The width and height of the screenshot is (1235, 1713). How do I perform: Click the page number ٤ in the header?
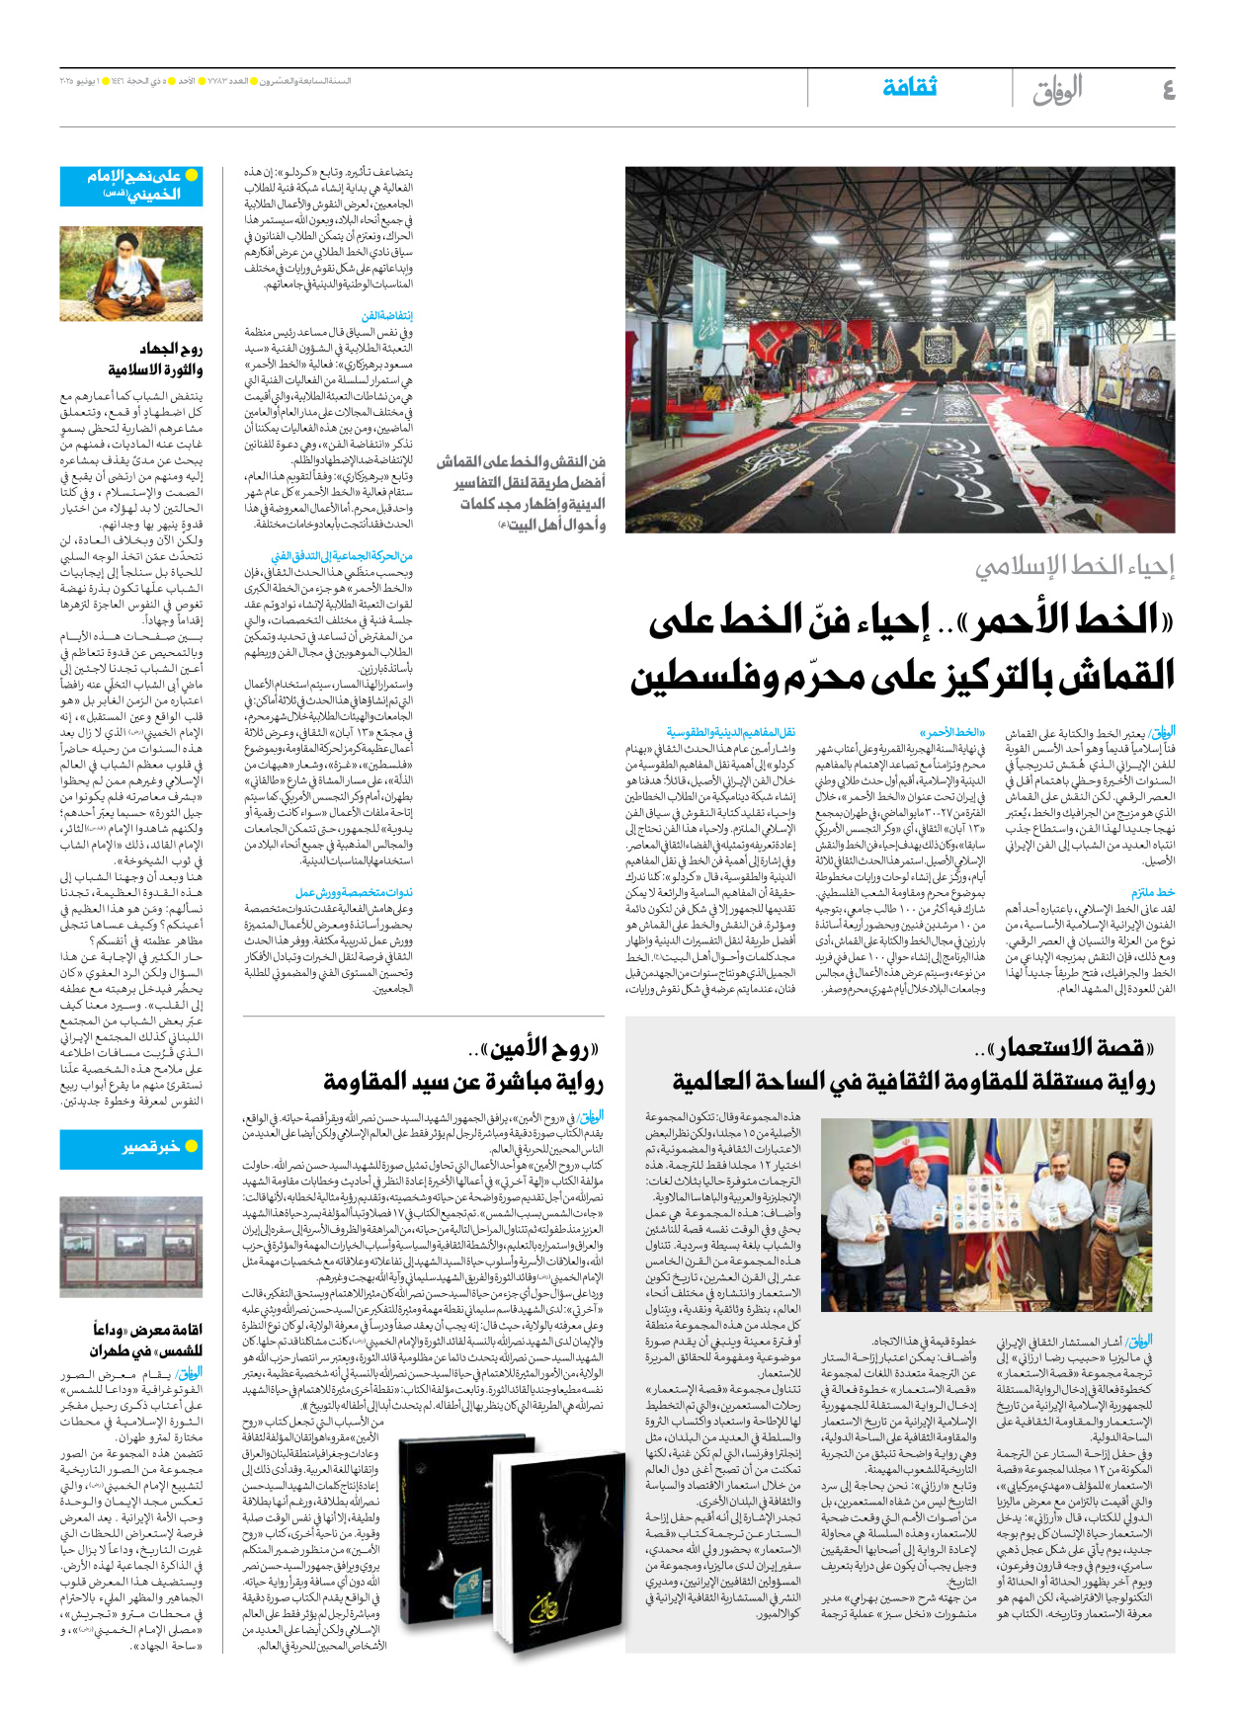(1168, 90)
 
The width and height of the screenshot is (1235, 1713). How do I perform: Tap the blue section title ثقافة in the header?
(909, 87)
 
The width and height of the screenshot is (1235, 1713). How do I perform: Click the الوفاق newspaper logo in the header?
(1057, 90)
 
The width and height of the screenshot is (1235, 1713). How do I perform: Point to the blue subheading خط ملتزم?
(1153, 892)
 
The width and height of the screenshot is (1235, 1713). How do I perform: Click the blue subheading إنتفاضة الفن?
(386, 316)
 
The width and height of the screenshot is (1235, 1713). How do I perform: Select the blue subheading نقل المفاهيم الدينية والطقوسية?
(730, 733)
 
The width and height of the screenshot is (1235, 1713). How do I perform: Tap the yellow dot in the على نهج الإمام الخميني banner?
(192, 175)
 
